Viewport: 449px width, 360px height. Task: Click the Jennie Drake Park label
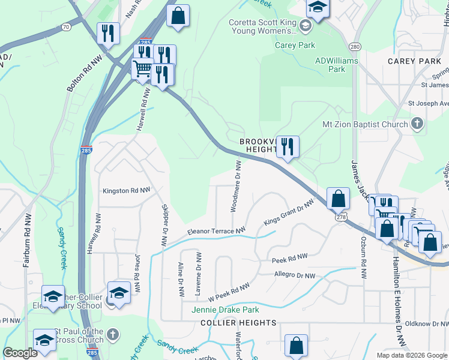tap(224, 310)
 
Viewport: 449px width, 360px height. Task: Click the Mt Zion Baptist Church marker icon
tap(417, 125)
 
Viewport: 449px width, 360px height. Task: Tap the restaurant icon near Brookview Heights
tap(288, 146)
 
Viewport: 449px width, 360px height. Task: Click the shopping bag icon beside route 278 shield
tap(338, 198)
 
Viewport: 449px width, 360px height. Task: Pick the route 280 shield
tap(355, 47)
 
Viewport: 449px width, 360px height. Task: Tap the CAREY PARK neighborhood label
tap(414, 61)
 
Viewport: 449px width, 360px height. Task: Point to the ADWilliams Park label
tap(337, 65)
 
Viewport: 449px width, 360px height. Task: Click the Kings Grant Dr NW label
tap(289, 214)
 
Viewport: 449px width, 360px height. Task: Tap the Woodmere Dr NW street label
tap(236, 186)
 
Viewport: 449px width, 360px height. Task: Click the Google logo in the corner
tap(20, 353)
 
